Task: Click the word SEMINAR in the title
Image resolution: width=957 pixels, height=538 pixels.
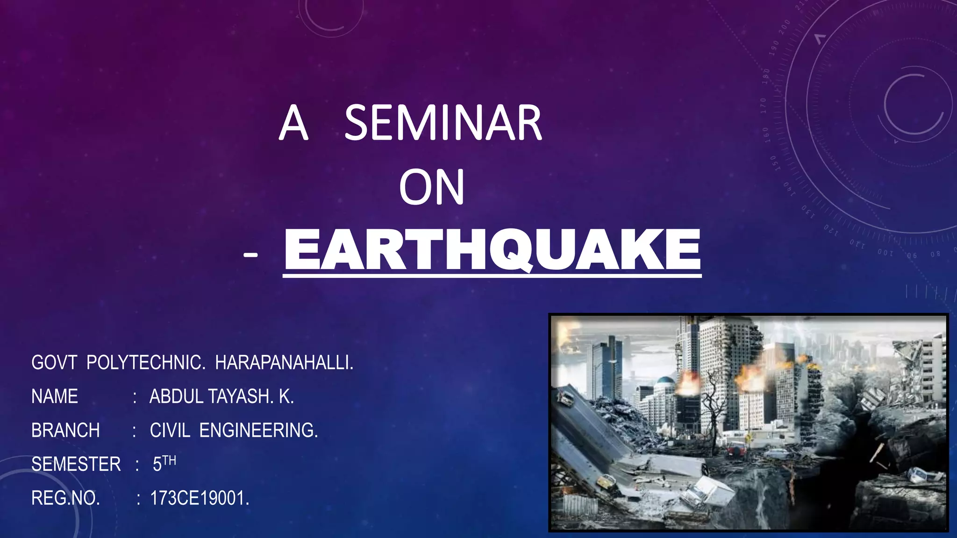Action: tap(443, 123)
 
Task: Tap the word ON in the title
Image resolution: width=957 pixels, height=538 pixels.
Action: tap(432, 187)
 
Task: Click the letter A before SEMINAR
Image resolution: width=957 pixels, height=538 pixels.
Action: tap(293, 123)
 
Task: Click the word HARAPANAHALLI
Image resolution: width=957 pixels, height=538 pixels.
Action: tap(284, 363)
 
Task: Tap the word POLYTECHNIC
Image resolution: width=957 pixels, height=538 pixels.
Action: tap(145, 363)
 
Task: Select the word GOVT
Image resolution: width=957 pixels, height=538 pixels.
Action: tap(54, 363)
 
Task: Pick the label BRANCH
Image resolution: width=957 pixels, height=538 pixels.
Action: tap(65, 431)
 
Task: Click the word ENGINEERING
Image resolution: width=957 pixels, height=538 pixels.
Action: tap(258, 431)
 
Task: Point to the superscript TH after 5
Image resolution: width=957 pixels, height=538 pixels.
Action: tap(169, 461)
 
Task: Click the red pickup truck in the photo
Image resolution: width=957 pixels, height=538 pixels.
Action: tap(736, 449)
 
